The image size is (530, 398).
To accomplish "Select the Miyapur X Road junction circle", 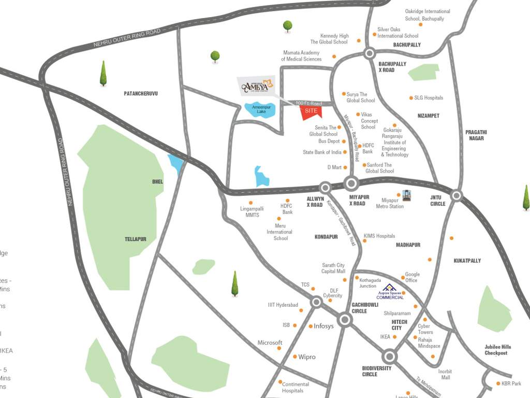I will tap(352, 183).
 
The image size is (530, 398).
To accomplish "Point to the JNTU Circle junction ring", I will tap(456, 195).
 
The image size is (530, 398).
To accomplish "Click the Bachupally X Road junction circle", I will tap(369, 53).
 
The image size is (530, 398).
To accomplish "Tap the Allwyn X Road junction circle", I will tap(325, 188).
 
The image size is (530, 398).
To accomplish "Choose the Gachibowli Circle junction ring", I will tap(345, 320).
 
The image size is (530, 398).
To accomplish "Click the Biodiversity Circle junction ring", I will tap(390, 357).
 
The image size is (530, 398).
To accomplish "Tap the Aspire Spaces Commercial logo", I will tap(389, 292).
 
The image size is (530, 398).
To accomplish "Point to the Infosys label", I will tap(325, 326).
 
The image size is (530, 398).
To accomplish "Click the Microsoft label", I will tap(270, 343).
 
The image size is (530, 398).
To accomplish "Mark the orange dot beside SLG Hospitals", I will tap(411, 97).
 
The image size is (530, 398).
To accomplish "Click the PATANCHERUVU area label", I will tap(140, 93).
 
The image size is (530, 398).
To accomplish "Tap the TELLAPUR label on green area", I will tap(135, 239).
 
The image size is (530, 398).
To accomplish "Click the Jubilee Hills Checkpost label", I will tap(498, 350).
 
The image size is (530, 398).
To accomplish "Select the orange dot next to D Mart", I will tap(345, 167).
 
